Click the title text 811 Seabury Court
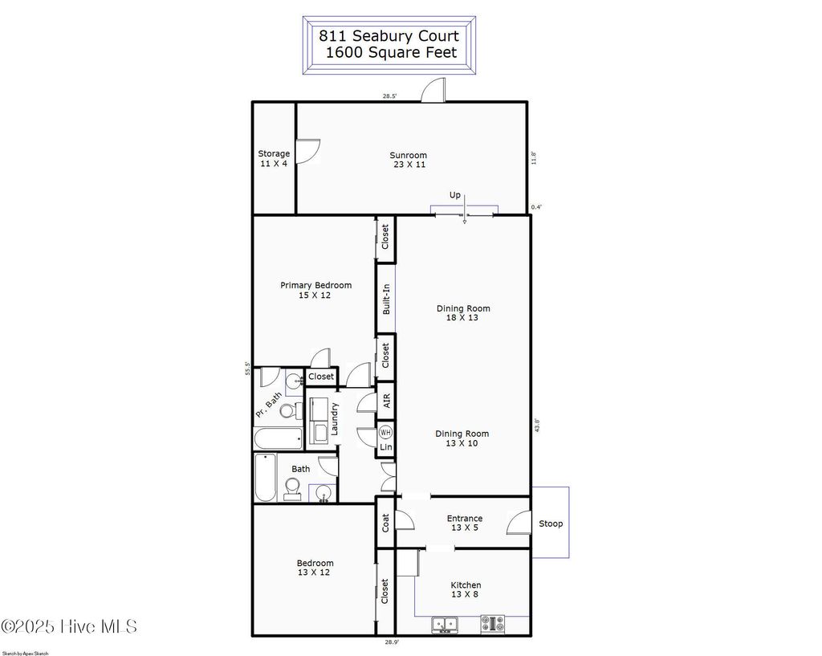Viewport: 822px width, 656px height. (x=389, y=36)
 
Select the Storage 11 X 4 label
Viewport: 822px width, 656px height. (x=274, y=158)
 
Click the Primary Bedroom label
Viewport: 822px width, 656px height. (x=315, y=290)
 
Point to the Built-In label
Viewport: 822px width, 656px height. (x=386, y=299)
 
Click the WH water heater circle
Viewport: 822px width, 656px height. (x=385, y=432)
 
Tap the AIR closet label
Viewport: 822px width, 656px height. (x=386, y=401)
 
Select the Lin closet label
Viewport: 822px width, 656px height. (x=385, y=446)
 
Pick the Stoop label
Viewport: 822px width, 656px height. (x=551, y=524)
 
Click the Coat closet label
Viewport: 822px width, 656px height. (x=385, y=523)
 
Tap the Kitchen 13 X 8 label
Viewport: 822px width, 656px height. (x=466, y=590)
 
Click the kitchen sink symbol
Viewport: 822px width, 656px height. (x=444, y=624)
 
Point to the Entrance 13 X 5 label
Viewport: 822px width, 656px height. (x=464, y=524)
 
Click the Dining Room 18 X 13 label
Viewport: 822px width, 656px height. (x=463, y=312)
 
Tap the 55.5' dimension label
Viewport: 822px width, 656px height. (x=249, y=368)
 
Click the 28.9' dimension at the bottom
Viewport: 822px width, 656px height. (x=391, y=642)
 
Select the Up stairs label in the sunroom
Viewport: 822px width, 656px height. (x=455, y=195)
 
